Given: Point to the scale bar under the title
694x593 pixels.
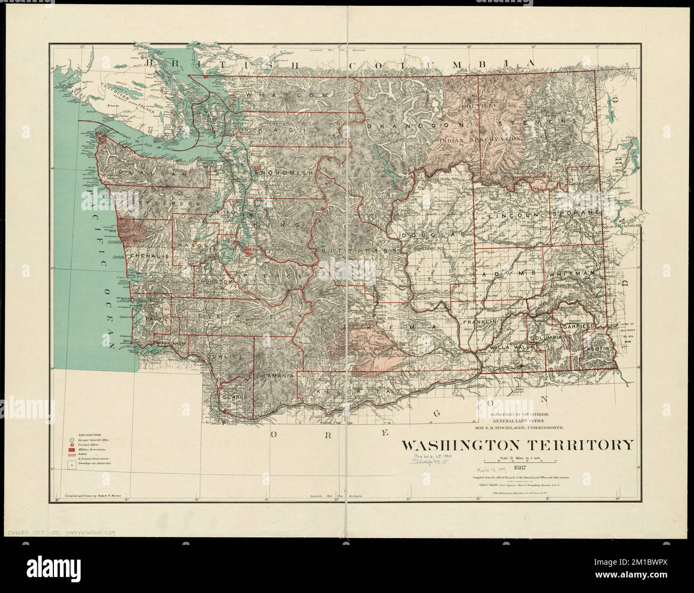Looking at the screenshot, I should point(523,460).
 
